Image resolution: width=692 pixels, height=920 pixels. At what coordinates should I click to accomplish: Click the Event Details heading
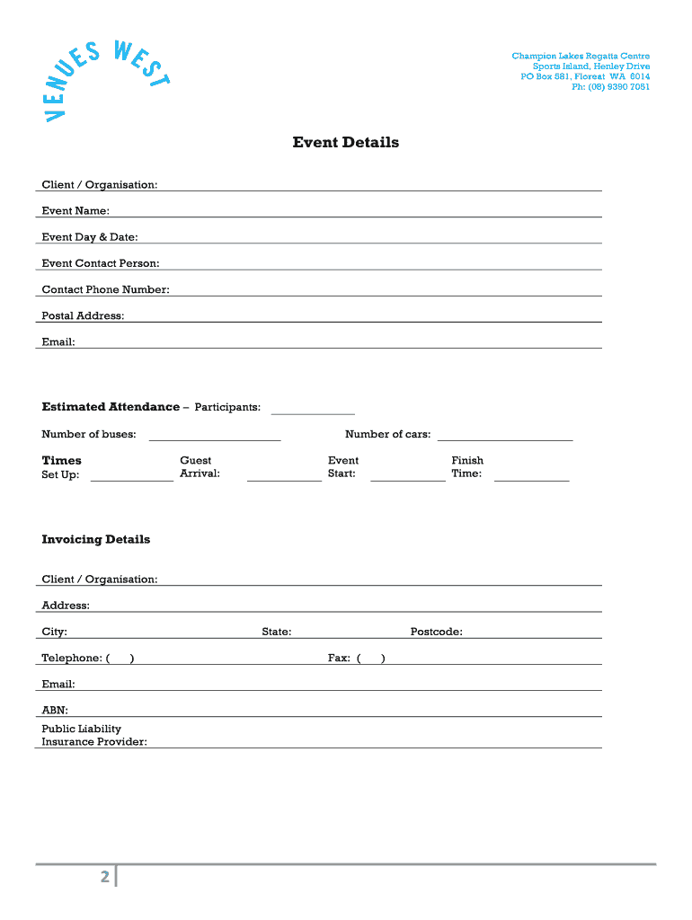345,143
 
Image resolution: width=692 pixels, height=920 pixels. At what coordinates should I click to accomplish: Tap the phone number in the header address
610,87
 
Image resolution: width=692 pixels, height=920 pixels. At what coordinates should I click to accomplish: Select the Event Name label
75,211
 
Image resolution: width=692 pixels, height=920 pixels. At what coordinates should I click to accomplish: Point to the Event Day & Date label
90,237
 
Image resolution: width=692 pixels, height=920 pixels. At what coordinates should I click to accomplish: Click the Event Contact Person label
101,263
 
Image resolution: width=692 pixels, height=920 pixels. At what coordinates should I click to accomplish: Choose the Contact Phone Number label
105,289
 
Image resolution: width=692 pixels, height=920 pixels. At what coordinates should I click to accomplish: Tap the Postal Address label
83,315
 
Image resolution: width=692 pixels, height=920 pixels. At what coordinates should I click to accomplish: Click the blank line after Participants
313,411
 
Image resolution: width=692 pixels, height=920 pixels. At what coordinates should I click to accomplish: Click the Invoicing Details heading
96,540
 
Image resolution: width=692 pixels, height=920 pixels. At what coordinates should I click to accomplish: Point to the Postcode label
436,632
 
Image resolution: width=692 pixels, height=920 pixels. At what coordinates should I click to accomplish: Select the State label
276,632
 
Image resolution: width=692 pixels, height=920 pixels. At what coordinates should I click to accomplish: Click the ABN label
55,710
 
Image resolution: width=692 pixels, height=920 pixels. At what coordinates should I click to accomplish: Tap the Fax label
339,658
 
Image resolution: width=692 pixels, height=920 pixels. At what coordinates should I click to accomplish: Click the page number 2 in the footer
104,877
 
